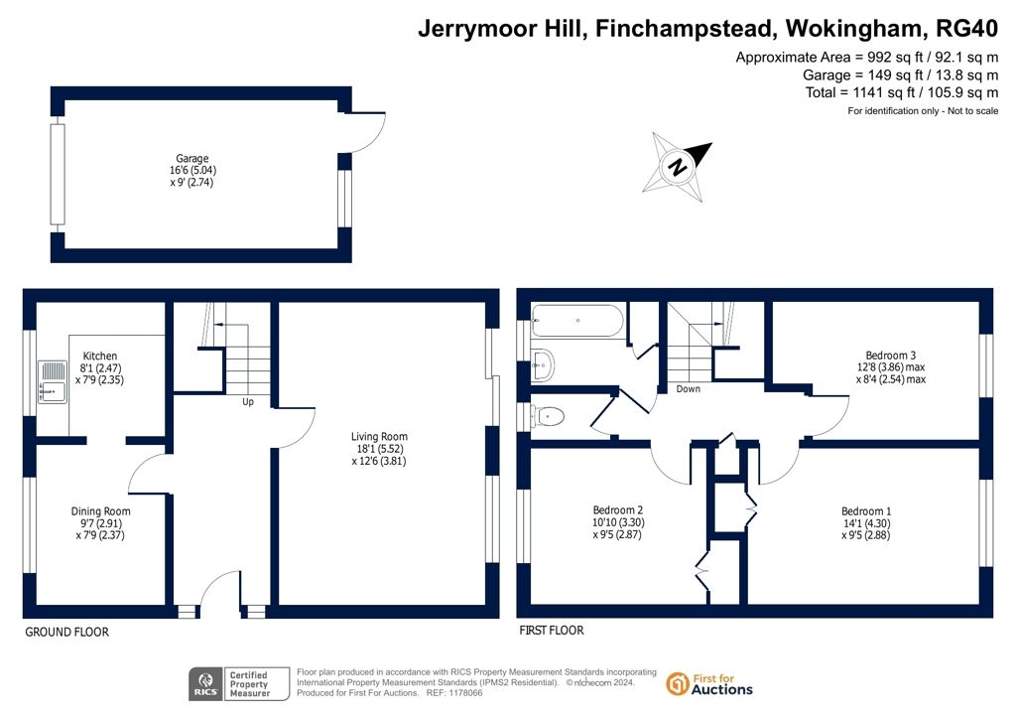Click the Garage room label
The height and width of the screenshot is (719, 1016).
tap(192, 158)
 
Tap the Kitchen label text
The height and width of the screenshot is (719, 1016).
tap(100, 356)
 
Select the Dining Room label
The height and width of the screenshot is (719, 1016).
tap(100, 511)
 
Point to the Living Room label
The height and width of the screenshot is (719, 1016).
tap(379, 437)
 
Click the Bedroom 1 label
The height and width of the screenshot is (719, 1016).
tap(865, 511)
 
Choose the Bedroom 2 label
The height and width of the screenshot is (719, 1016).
tap(617, 510)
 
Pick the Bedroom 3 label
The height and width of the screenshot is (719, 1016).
tap(891, 356)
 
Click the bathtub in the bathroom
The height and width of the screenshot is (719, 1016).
tap(577, 321)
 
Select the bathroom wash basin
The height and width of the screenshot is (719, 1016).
tap(543, 365)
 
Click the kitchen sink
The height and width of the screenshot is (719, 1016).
tap(53, 382)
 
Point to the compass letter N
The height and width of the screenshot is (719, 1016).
tap(678, 167)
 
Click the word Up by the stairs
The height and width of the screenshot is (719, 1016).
tap(247, 402)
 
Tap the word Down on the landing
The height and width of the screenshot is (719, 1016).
tap(689, 389)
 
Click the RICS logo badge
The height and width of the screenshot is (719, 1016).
tap(204, 684)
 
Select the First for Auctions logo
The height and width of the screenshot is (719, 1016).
tap(709, 684)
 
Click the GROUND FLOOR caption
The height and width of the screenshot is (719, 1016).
tap(66, 633)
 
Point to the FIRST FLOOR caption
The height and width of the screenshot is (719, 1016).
tap(552, 631)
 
